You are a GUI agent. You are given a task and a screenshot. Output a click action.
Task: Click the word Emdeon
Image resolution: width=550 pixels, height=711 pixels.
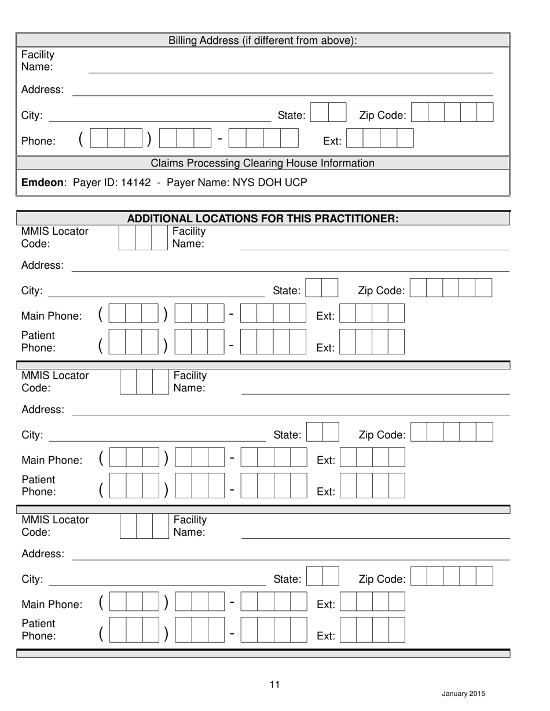coord(44,183)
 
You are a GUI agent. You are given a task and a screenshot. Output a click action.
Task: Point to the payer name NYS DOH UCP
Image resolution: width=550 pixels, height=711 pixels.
coord(270,183)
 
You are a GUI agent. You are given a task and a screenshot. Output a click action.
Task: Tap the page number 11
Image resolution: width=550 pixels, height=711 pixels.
coord(275,685)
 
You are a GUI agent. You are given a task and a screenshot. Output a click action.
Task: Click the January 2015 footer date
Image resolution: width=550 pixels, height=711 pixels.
coord(463,694)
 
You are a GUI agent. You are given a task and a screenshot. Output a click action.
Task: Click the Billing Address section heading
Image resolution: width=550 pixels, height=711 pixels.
coord(263,40)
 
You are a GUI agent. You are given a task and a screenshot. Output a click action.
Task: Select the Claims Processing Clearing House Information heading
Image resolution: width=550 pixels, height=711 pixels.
coord(263,163)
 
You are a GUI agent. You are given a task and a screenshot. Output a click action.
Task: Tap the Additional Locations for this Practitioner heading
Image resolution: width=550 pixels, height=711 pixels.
coord(263,219)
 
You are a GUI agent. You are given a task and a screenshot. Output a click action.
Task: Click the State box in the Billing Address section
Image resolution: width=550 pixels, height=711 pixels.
coord(328,112)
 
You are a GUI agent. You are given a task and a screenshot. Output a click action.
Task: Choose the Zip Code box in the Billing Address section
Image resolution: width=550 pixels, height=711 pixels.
coord(453,112)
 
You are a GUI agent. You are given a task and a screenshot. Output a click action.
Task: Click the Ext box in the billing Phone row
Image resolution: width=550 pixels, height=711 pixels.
coord(380,139)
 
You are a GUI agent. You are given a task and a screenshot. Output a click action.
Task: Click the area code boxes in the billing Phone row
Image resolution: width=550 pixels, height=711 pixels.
coord(117,139)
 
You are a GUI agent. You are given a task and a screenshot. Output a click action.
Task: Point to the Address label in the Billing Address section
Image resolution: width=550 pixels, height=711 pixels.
coord(42,90)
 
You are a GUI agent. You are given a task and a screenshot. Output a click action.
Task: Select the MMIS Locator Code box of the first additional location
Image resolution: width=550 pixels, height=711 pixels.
coord(142,238)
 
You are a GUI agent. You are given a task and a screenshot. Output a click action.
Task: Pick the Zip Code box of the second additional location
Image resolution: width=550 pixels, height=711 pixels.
coord(452,432)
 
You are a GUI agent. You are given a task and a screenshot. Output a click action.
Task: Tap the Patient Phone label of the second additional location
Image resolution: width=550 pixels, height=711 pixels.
coord(39,486)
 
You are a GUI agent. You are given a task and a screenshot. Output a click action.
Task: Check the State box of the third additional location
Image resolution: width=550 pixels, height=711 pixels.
coord(322,576)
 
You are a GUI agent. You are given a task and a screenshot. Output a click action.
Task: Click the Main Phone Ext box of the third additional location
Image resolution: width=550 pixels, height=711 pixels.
coord(372,602)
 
